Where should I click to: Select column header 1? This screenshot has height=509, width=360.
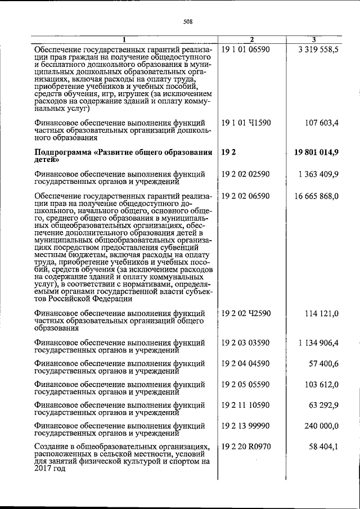[x=125, y=39]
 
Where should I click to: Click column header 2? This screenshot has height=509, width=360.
[x=251, y=39]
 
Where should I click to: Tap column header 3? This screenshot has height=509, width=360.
[x=313, y=39]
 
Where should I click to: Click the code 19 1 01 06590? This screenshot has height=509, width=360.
[x=246, y=49]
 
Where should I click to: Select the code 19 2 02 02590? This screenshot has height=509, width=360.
[x=246, y=174]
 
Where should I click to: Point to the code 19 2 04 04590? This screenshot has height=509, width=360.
[x=246, y=364]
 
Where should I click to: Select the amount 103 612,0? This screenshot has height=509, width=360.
[x=322, y=385]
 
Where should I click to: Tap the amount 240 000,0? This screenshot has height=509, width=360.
[x=322, y=426]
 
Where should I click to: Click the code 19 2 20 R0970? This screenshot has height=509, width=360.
[x=246, y=447]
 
